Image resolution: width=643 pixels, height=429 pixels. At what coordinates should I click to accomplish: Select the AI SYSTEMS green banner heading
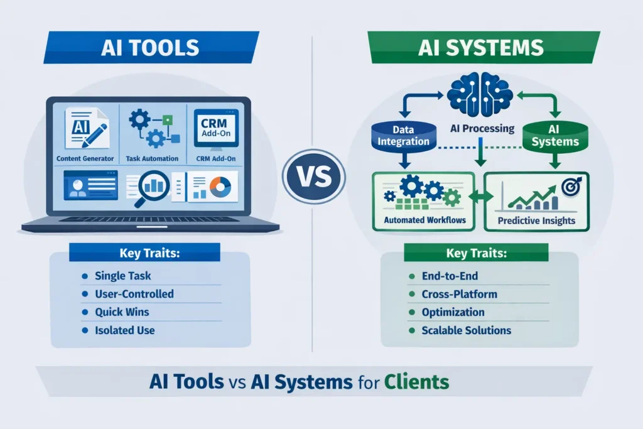pos(484,48)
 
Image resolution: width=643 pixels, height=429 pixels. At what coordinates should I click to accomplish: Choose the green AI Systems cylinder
pos(554,136)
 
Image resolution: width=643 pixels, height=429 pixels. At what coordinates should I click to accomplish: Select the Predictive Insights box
pos(536,200)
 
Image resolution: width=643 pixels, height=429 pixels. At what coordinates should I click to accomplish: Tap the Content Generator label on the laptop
pos(85,159)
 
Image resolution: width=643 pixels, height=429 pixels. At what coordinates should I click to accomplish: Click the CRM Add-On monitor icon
pos(215,129)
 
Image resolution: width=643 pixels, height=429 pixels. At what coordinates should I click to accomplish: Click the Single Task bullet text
pos(123,276)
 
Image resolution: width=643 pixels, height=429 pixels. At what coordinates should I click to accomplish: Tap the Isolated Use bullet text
pos(125,330)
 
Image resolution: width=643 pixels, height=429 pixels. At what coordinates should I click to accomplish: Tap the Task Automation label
pos(152,159)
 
